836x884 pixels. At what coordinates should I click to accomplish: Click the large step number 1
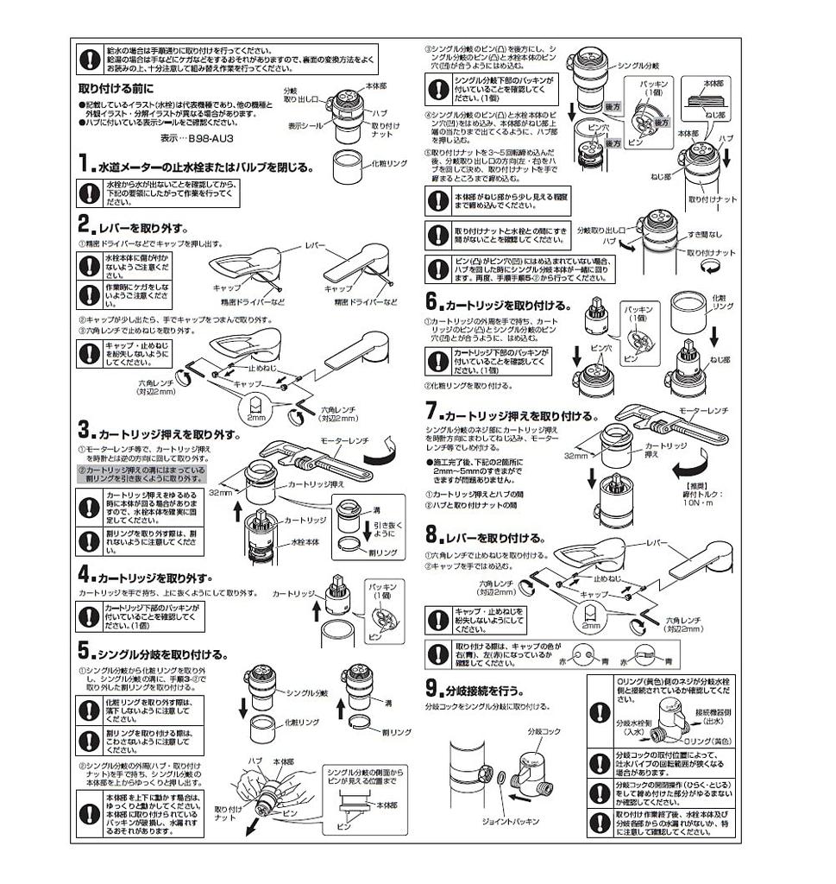click(83, 163)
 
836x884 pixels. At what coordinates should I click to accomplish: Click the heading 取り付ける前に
click(116, 89)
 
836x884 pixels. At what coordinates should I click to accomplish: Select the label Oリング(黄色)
click(707, 742)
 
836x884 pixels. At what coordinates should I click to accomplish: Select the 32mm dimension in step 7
click(575, 455)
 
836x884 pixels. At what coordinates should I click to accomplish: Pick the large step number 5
click(83, 649)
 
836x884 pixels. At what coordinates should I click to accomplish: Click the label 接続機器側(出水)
click(712, 716)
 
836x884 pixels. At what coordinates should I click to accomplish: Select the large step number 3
click(83, 429)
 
